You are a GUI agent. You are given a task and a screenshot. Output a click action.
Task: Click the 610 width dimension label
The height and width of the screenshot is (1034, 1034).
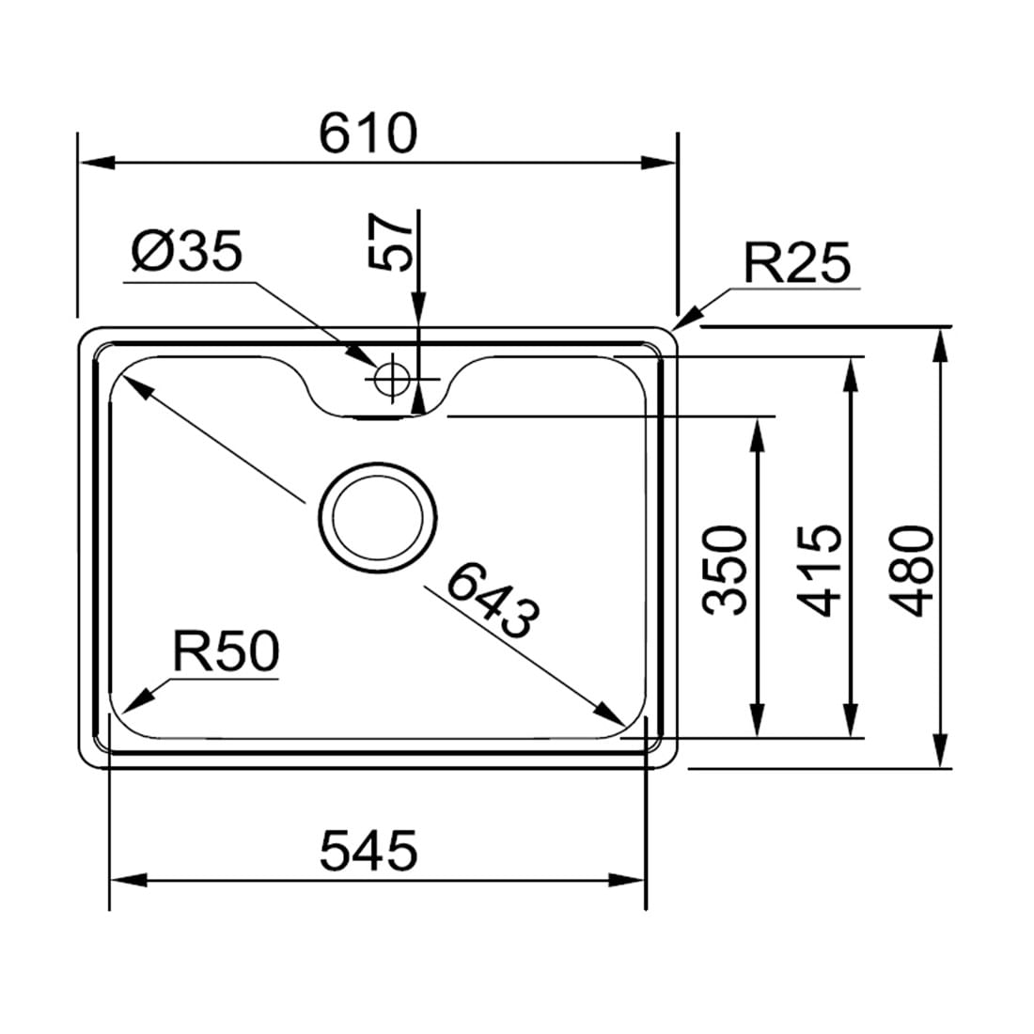368,133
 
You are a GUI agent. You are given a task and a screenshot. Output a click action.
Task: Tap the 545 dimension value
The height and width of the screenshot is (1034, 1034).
368,850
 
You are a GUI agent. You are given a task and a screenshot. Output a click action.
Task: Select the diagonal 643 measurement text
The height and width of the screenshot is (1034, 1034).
493,600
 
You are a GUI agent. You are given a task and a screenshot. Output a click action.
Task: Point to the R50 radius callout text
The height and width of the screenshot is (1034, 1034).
226,650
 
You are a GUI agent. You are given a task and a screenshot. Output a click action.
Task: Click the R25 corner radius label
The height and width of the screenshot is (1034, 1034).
797,262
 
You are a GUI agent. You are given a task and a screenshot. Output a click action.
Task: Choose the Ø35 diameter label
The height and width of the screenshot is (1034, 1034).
187,251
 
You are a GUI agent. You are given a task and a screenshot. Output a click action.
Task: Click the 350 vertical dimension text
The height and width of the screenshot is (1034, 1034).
726,571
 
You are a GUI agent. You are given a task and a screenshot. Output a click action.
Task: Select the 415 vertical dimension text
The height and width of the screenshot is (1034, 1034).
819,571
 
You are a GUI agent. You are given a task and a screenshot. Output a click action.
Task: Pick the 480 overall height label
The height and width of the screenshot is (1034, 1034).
912,571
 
